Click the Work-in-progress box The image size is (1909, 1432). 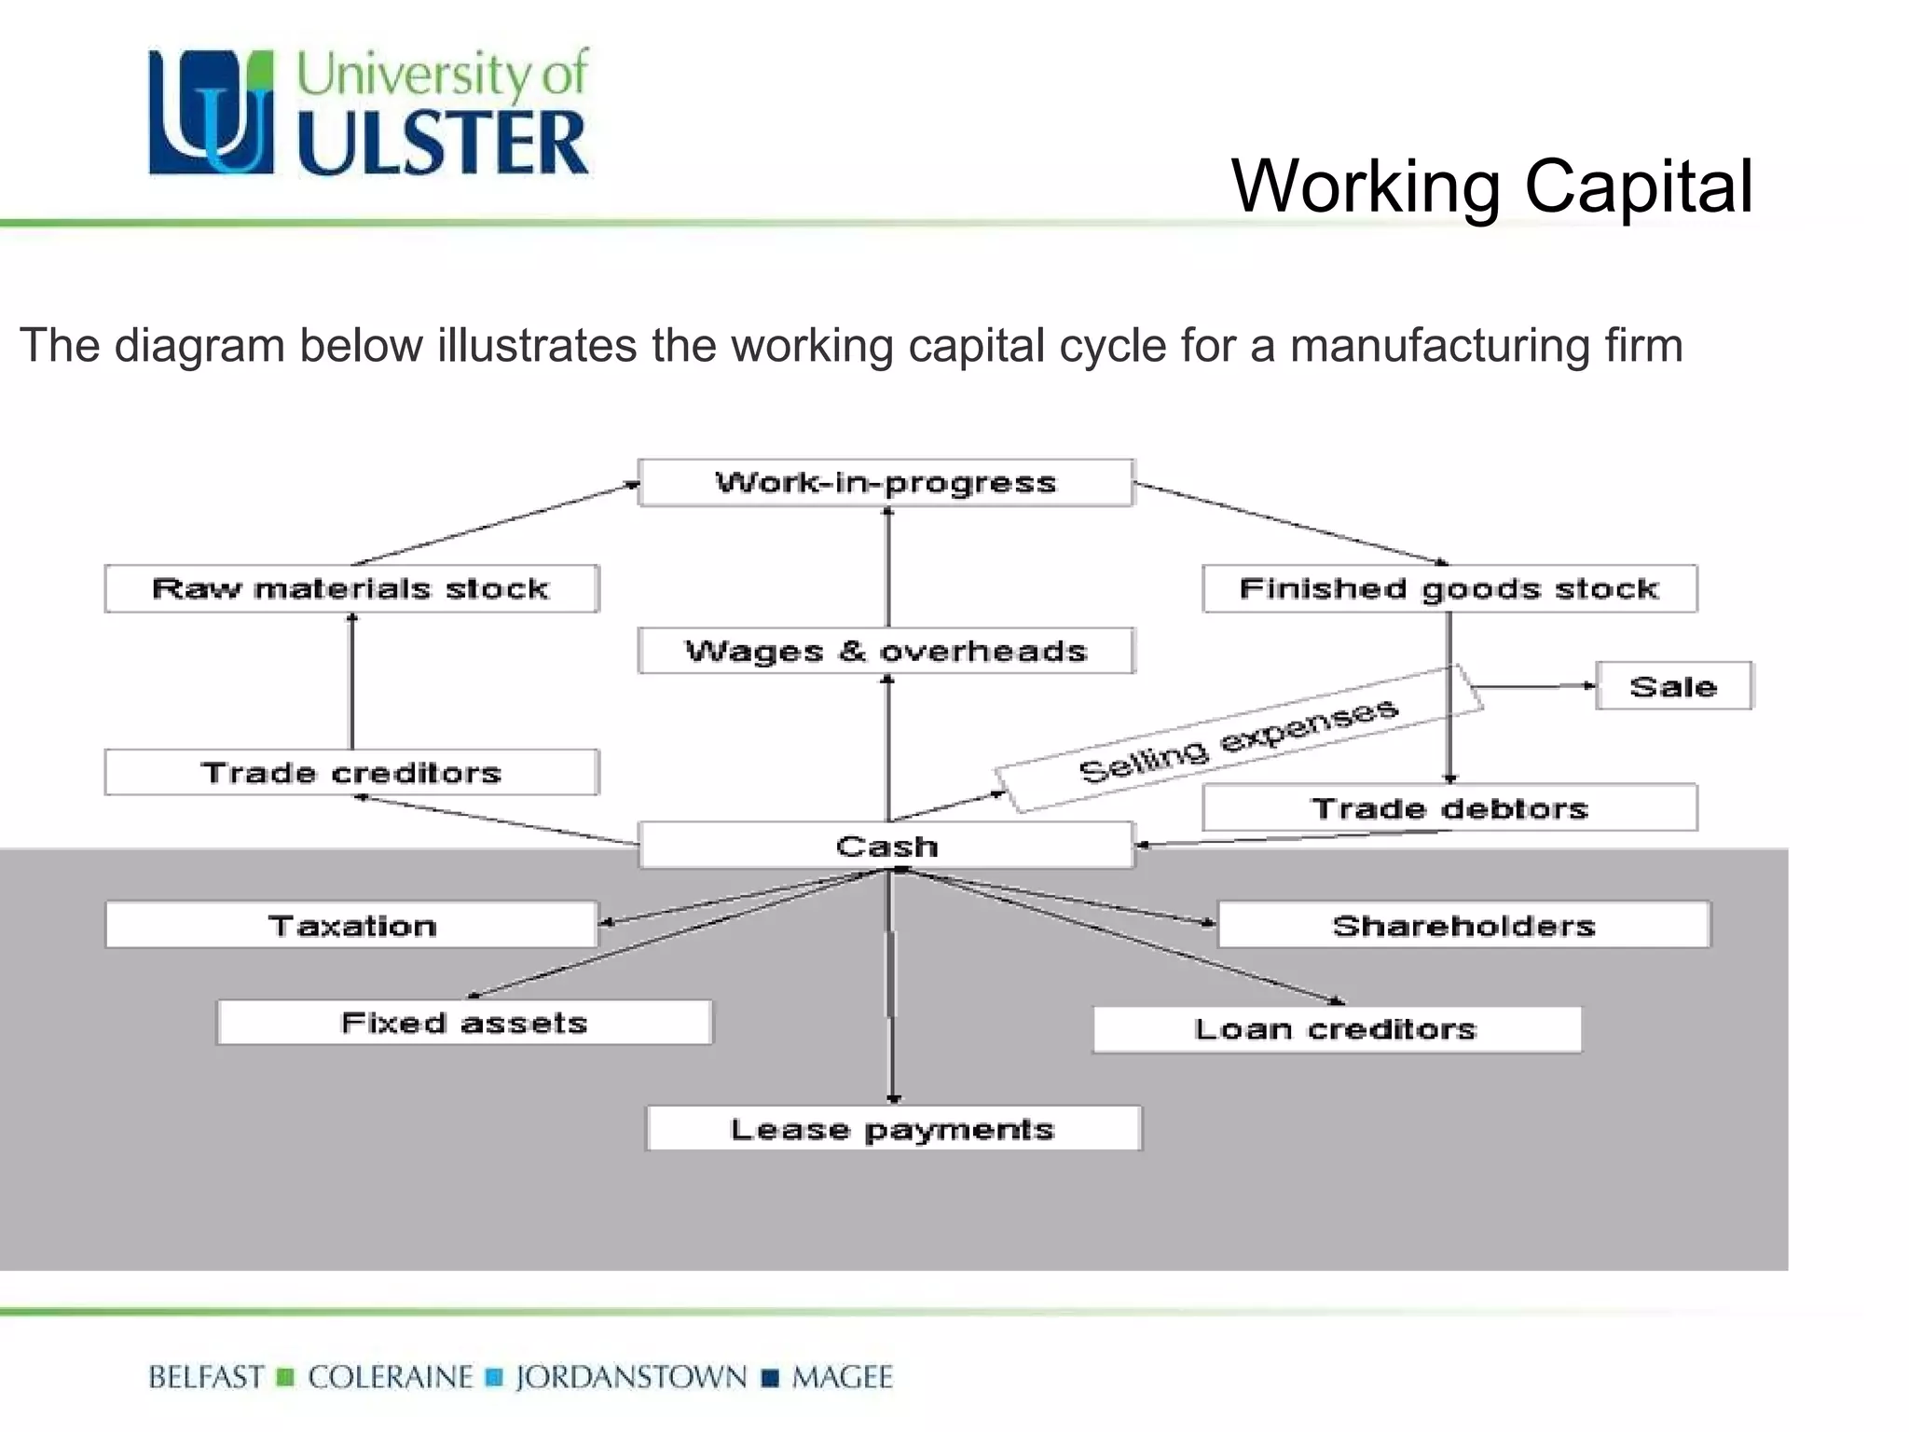(886, 483)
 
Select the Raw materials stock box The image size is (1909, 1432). (351, 588)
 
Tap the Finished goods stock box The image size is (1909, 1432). (1449, 588)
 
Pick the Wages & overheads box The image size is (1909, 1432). (886, 651)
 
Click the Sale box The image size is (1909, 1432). (1673, 686)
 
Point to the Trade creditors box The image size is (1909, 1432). (351, 772)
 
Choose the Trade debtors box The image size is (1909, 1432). (1449, 807)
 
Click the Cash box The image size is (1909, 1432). (886, 846)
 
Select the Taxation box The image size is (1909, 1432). (351, 925)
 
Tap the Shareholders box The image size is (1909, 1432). (1463, 925)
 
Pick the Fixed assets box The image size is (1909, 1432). (464, 1023)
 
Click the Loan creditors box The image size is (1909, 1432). (1337, 1029)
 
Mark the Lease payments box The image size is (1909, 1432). (892, 1129)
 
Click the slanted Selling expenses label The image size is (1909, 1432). (1238, 740)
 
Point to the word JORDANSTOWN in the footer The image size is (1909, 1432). (631, 1377)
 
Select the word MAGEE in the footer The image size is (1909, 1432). (843, 1377)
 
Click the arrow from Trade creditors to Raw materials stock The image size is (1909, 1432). (351, 681)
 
